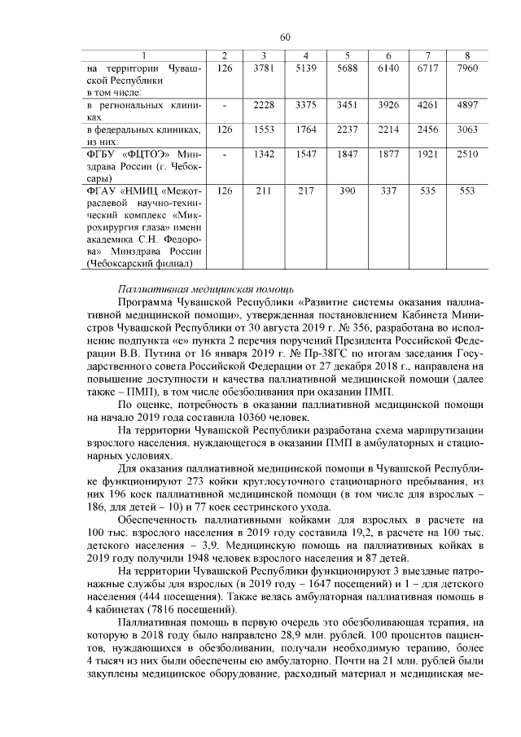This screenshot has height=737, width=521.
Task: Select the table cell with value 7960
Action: point(466,69)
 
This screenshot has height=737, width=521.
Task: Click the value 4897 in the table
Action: point(466,106)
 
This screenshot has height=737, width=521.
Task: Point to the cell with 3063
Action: point(466,130)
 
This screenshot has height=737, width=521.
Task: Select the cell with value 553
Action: point(466,191)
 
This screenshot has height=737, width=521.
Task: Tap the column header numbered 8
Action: point(466,55)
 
